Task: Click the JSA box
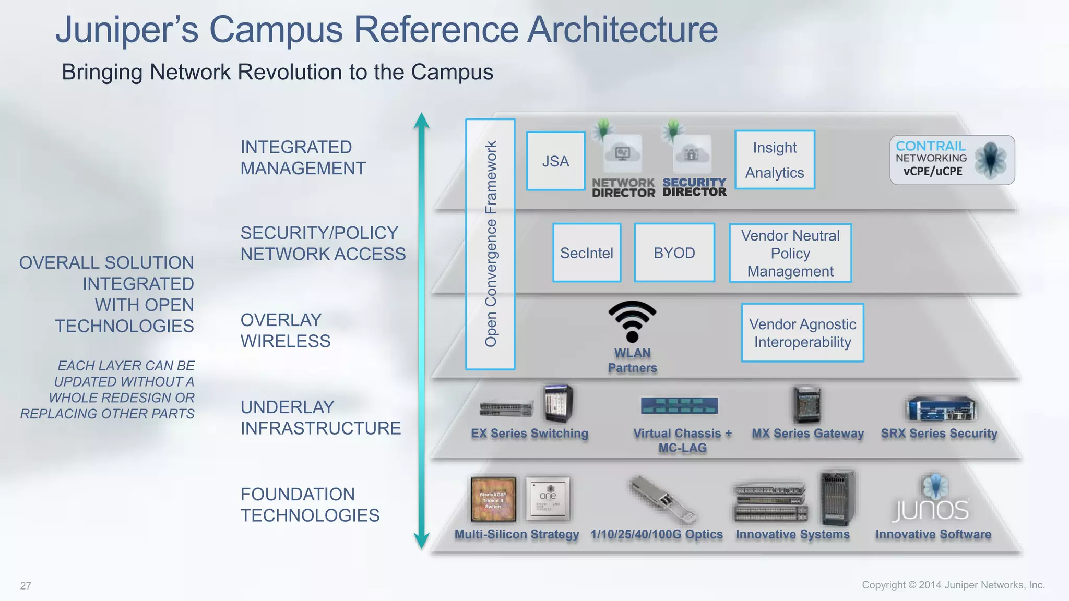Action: [x=555, y=161]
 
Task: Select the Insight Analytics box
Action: [x=775, y=160]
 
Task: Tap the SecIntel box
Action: [x=587, y=253]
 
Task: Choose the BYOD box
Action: [x=674, y=253]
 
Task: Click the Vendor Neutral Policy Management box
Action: [x=790, y=254]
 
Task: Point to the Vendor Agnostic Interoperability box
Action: [x=802, y=333]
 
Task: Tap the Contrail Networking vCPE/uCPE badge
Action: [x=952, y=160]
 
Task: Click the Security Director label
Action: [x=694, y=187]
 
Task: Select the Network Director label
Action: [x=623, y=188]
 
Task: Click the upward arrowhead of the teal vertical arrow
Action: [x=422, y=121]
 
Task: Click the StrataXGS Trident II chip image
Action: [x=493, y=499]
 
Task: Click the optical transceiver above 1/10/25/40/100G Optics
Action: [x=663, y=500]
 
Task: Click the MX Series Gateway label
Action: [x=807, y=434]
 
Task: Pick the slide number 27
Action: [x=26, y=586]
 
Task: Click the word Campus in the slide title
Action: [x=276, y=30]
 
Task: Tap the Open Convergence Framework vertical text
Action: [x=491, y=244]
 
